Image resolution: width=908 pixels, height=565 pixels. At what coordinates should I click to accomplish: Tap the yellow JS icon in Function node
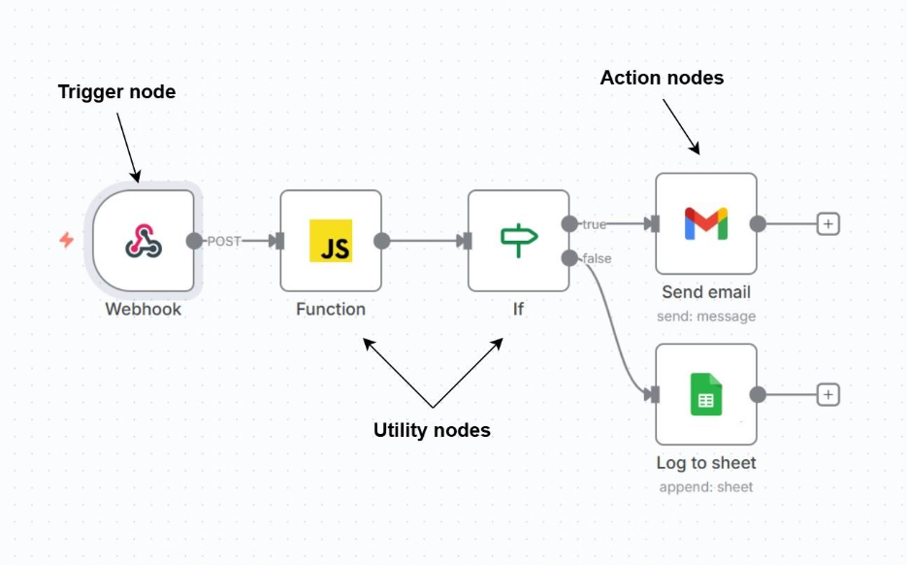(331, 241)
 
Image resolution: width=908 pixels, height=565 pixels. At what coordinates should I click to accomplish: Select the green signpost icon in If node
(518, 240)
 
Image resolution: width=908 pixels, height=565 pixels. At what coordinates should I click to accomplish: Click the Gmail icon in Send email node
(705, 223)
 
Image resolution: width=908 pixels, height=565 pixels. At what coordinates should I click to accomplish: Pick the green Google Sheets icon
(705, 394)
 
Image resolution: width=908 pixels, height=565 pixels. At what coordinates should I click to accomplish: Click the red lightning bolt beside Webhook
(66, 240)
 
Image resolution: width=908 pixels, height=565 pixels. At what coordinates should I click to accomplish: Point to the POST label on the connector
(224, 241)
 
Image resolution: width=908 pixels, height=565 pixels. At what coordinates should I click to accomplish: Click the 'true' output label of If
(594, 224)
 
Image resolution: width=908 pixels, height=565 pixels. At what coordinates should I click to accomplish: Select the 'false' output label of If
(597, 258)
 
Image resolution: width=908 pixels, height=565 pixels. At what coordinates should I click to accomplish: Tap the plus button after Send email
(827, 224)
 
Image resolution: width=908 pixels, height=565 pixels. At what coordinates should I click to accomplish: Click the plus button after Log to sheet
(827, 395)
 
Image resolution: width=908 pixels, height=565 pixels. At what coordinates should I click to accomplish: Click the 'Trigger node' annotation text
(116, 92)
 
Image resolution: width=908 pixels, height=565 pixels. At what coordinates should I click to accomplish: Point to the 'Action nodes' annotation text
(662, 78)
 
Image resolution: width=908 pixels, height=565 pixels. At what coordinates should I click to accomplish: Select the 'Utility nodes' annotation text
(432, 430)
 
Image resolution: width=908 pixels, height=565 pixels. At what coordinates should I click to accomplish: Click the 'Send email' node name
(706, 292)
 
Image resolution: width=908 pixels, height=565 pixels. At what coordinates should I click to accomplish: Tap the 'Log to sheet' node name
(706, 463)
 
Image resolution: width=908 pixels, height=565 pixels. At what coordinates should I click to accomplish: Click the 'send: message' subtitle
(706, 316)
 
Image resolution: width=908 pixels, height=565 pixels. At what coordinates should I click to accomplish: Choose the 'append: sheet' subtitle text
(706, 486)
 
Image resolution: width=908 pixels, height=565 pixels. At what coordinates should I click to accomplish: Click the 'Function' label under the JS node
(331, 310)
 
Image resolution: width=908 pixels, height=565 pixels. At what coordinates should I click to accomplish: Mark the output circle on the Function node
(381, 241)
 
